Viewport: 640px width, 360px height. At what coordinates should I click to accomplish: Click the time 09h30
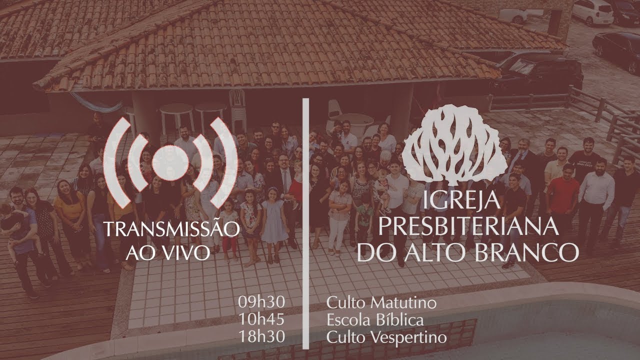click(x=262, y=303)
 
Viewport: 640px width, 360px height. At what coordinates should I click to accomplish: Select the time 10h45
click(x=262, y=320)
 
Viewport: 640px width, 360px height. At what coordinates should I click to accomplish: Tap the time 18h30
click(x=262, y=337)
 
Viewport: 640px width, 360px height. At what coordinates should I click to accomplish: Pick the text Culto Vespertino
click(x=386, y=337)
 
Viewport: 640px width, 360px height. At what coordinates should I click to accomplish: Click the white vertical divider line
click(x=305, y=225)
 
